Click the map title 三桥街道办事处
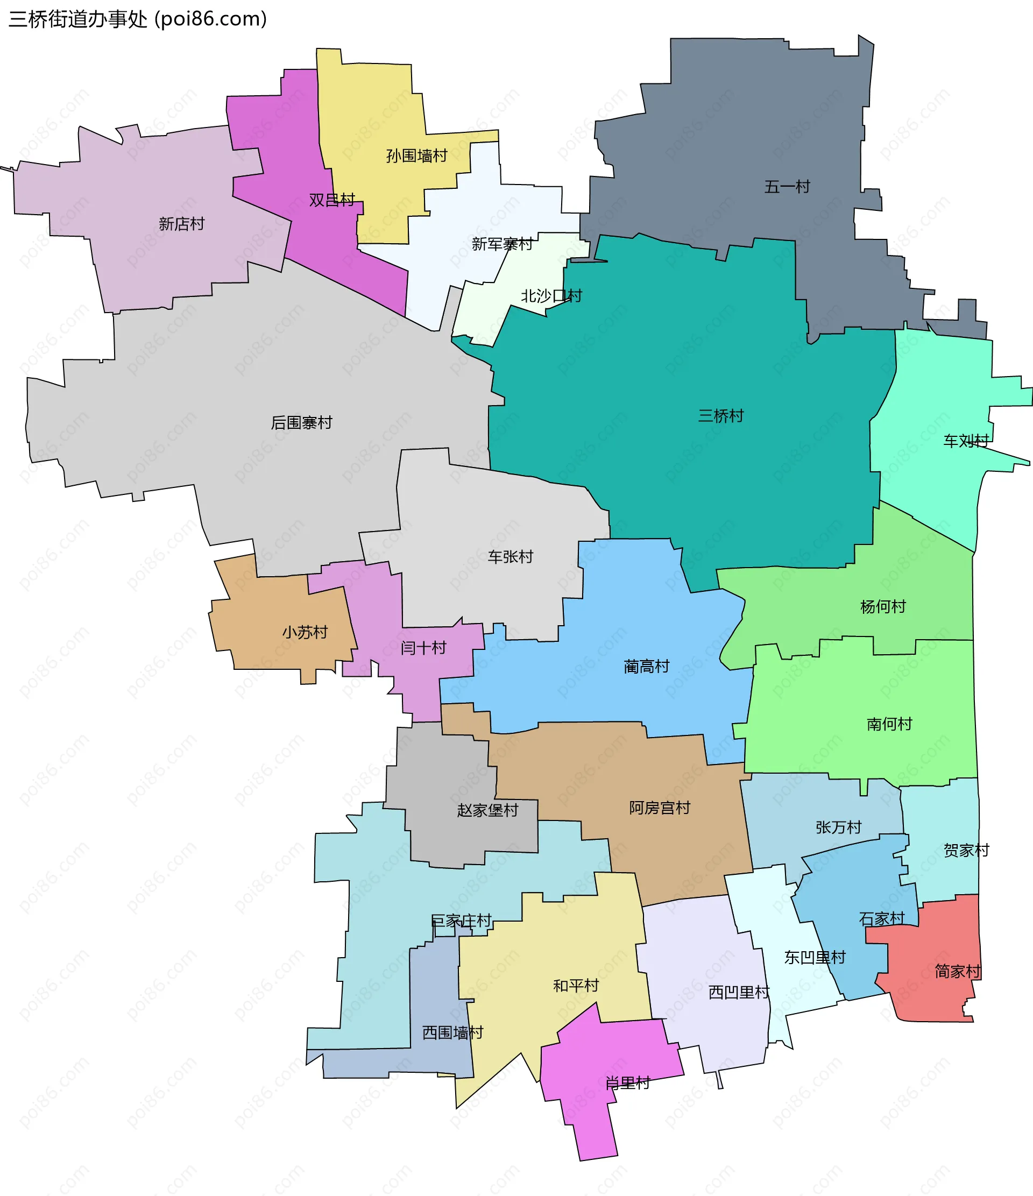click(x=79, y=19)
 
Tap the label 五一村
click(x=787, y=187)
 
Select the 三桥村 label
click(x=721, y=415)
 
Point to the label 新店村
click(x=181, y=224)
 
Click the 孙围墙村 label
click(x=416, y=156)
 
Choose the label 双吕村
click(x=332, y=200)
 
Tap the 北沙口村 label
click(x=551, y=296)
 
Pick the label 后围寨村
click(x=301, y=422)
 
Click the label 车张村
click(x=510, y=556)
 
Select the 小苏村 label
click(x=305, y=632)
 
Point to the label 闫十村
click(x=423, y=648)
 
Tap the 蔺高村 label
click(x=646, y=667)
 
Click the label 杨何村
click(x=882, y=607)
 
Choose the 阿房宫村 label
click(x=659, y=808)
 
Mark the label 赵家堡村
click(x=487, y=810)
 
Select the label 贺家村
click(x=966, y=850)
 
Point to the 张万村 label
click(x=838, y=827)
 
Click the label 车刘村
click(x=966, y=441)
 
